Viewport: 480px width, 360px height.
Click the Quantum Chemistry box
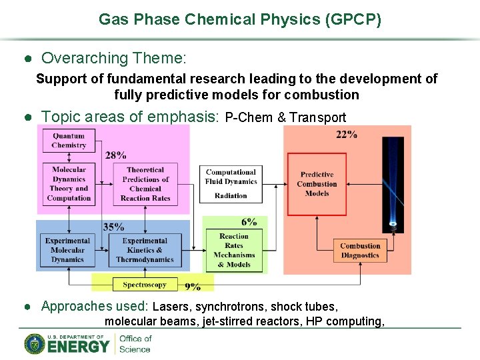pyautogui.click(x=69, y=141)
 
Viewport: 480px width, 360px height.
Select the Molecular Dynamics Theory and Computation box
pyautogui.click(x=69, y=183)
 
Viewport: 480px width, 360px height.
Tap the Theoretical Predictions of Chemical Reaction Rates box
pyautogui.click(x=145, y=184)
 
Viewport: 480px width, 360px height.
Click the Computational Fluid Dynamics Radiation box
pyautogui.click(x=231, y=184)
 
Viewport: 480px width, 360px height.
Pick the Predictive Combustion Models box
pyautogui.click(x=317, y=184)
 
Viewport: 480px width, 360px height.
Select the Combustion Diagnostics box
pyautogui.click(x=360, y=250)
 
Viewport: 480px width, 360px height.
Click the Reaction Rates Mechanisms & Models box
pyautogui.click(x=234, y=251)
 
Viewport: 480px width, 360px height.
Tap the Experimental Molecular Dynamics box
pyautogui.click(x=67, y=250)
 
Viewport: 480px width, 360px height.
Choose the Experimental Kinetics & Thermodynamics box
pyautogui.click(x=145, y=250)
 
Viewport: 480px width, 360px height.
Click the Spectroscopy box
pyautogui.click(x=145, y=285)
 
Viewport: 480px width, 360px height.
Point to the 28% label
pyautogui.click(x=115, y=155)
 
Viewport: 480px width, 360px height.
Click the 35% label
pyautogui.click(x=113, y=227)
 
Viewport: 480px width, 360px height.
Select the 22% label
pyautogui.click(x=347, y=135)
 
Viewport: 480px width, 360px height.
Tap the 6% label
pyautogui.click(x=249, y=223)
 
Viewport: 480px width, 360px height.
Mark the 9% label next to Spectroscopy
pyautogui.click(x=193, y=286)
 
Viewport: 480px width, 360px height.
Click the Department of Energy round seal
pyautogui.click(x=35, y=343)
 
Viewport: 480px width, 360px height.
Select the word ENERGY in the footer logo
pyautogui.click(x=78, y=346)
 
